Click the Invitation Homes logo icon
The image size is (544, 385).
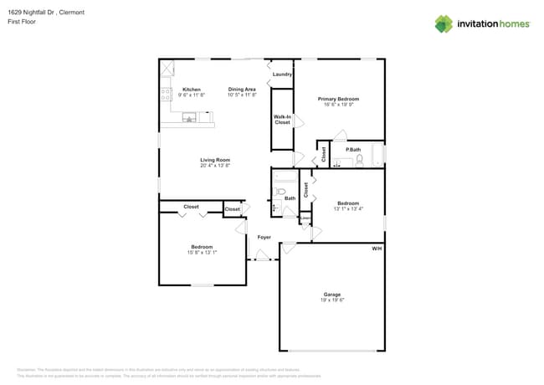(444, 23)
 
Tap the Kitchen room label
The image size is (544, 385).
(192, 90)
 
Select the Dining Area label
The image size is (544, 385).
(243, 90)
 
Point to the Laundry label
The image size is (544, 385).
(282, 74)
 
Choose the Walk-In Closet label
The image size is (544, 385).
(283, 120)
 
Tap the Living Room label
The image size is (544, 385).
(215, 160)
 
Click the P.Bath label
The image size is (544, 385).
(354, 150)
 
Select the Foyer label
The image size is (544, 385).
(264, 237)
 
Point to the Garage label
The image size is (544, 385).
(332, 294)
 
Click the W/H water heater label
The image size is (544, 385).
(377, 249)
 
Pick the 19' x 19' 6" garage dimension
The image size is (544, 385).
(332, 300)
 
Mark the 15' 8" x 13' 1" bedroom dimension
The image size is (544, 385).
(202, 253)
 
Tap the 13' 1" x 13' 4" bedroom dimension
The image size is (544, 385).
(348, 209)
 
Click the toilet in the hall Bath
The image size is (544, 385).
(281, 192)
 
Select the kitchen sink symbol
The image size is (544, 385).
(190, 118)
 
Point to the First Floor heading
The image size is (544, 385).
(19, 22)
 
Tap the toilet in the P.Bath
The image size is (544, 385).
(358, 162)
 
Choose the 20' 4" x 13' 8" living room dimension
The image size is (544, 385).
(215, 166)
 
